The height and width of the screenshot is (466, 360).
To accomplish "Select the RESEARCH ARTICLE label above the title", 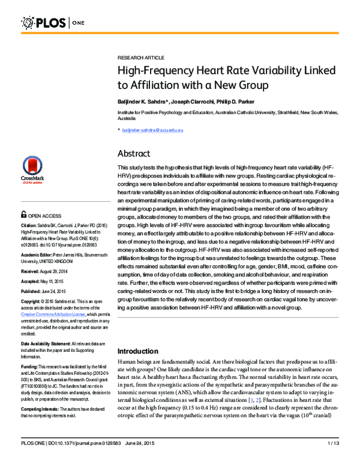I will click(140, 56).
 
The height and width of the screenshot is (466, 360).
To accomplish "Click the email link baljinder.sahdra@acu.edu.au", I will click(152, 130).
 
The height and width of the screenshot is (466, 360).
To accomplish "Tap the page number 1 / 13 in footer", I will click(333, 459).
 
